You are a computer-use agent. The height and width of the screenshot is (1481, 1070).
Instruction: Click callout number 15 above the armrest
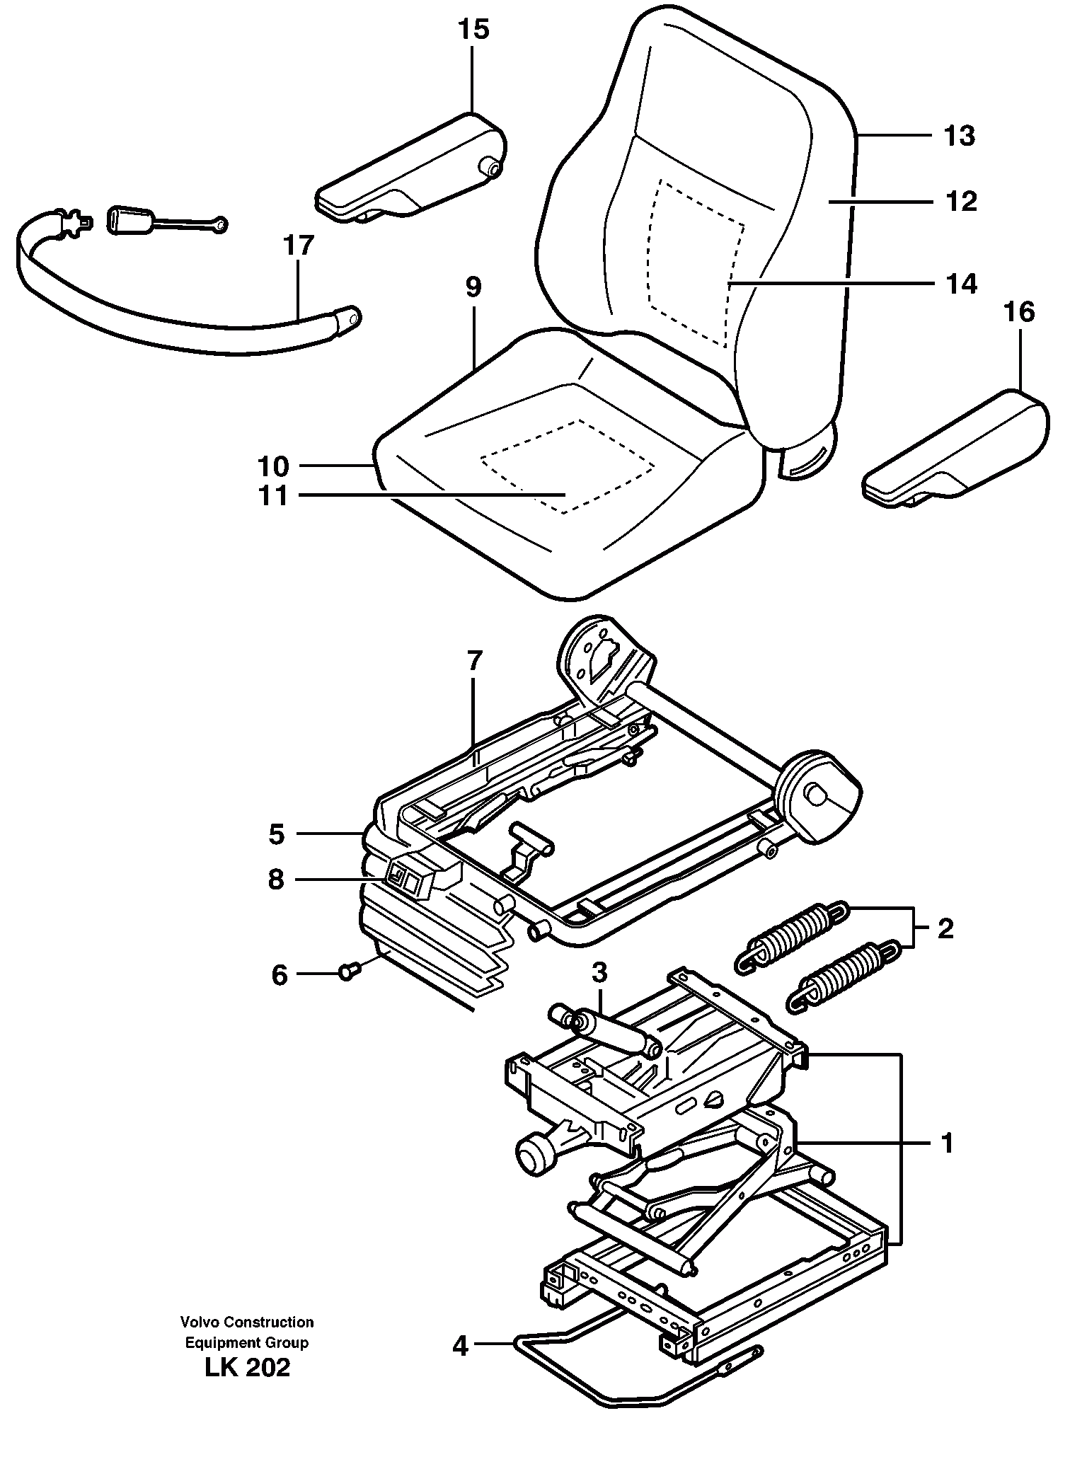coord(473,30)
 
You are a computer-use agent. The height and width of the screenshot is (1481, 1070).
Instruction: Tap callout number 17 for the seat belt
coord(298,246)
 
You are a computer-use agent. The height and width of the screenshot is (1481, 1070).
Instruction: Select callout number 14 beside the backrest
coord(960,283)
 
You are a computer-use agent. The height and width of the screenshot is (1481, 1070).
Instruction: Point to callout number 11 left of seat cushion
coord(274,496)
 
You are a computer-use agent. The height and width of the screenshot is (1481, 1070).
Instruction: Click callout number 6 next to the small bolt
coord(280,976)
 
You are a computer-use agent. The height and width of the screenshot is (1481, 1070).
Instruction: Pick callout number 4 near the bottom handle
coord(461,1345)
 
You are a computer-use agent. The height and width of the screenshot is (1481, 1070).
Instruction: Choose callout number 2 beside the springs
coord(945,928)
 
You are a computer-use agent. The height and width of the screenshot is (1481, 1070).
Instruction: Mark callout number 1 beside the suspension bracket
coord(947,1143)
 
